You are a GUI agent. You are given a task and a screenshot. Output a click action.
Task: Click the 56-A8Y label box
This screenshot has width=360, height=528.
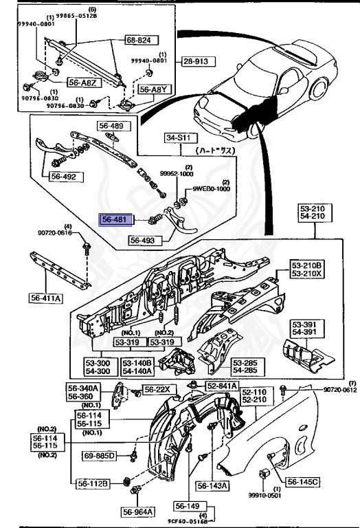(152, 89)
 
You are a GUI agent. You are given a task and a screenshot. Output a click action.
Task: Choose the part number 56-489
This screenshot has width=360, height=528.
(111, 126)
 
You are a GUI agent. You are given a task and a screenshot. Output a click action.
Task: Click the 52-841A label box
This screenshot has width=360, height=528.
(221, 387)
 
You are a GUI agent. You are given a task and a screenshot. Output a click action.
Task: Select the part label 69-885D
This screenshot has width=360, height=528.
(101, 455)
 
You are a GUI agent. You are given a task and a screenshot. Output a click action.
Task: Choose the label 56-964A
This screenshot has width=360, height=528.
(138, 511)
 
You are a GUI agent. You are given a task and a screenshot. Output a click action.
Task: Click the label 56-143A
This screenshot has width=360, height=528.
(212, 485)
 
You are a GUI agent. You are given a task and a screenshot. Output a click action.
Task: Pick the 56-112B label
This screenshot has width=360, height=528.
(92, 483)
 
